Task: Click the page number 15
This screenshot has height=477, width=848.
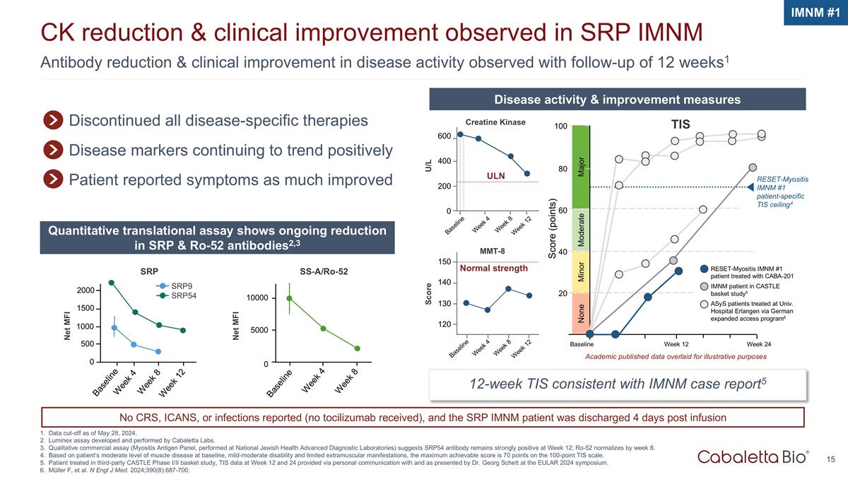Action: click(831, 460)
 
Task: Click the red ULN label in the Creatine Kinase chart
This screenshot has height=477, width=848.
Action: click(495, 175)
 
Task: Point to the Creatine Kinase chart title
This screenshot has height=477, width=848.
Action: click(495, 122)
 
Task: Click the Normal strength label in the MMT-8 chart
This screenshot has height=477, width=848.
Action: click(494, 269)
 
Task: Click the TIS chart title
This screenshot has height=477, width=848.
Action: click(681, 124)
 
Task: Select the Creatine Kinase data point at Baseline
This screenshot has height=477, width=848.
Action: click(461, 134)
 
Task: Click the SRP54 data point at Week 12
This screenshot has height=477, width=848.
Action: click(183, 330)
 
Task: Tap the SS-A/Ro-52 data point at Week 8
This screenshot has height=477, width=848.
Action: click(358, 348)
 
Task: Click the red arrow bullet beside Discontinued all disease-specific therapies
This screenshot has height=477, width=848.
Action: click(52, 120)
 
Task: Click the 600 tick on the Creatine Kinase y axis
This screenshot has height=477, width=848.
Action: click(444, 136)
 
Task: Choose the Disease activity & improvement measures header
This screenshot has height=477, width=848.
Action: click(618, 99)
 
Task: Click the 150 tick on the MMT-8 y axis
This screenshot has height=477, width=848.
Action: click(444, 262)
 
